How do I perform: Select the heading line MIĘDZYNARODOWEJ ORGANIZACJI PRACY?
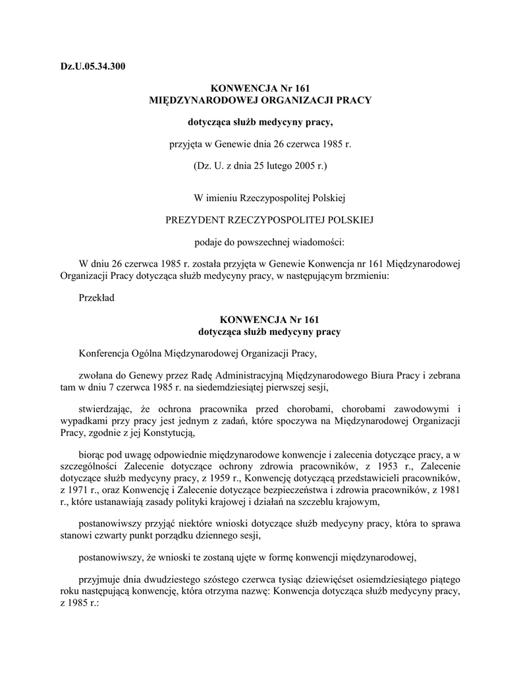(260, 100)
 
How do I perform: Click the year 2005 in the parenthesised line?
(302, 165)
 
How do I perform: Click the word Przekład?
(96, 297)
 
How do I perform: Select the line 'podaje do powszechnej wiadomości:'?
(260, 241)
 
